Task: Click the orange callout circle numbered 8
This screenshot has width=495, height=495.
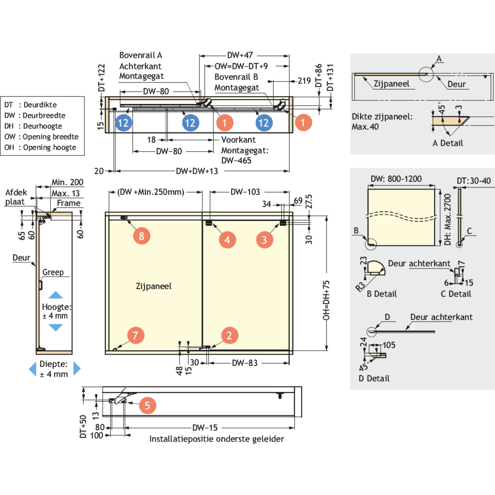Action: (x=142, y=236)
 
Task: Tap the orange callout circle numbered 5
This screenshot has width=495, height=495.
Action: (x=147, y=406)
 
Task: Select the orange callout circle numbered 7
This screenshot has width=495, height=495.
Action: (x=135, y=335)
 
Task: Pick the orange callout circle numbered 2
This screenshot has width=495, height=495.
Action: (x=229, y=335)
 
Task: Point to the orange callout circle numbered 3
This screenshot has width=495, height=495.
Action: (x=264, y=240)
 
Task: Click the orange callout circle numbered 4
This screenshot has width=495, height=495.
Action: (x=227, y=240)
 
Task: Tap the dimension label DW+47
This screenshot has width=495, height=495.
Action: (x=240, y=55)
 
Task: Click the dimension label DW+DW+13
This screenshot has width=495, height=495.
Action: (x=197, y=171)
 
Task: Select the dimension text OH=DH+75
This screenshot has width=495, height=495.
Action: (x=326, y=300)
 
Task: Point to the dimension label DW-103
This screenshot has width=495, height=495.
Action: (x=245, y=192)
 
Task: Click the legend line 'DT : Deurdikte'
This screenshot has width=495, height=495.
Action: (x=30, y=105)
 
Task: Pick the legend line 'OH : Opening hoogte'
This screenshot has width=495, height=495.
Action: (x=40, y=147)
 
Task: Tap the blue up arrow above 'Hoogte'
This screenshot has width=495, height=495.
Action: (x=55, y=295)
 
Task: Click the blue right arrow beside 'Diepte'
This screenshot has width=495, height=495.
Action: (x=77, y=369)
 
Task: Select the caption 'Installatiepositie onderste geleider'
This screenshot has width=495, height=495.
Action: (x=216, y=439)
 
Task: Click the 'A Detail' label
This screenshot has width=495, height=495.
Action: (x=447, y=143)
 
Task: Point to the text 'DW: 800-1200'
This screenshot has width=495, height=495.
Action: (x=396, y=179)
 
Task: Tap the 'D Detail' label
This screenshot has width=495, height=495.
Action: (x=374, y=379)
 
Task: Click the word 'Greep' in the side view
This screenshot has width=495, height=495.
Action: (x=53, y=272)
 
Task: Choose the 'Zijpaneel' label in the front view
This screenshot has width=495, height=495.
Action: (x=154, y=286)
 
